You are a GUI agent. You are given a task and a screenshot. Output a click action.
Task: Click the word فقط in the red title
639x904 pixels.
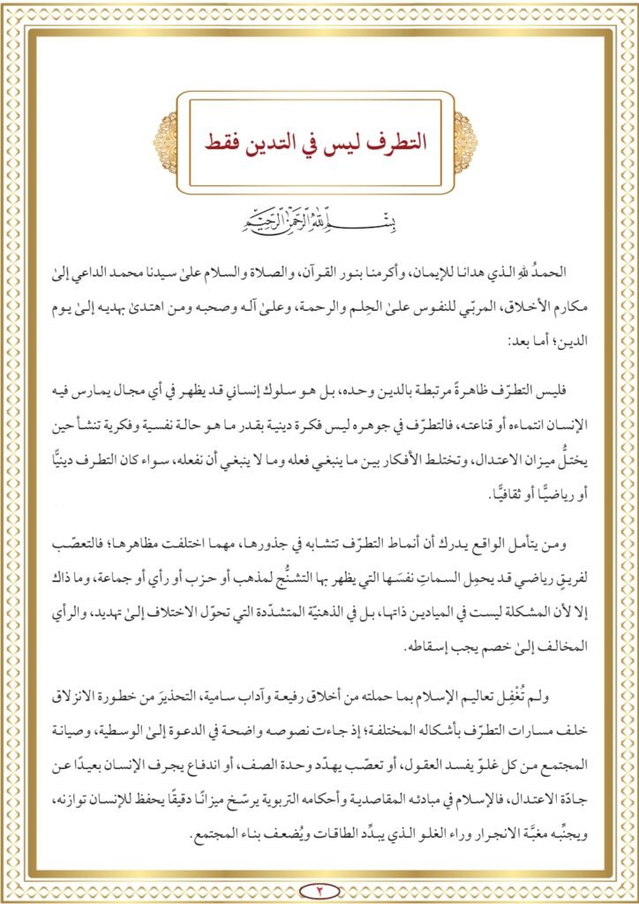pyautogui.click(x=225, y=142)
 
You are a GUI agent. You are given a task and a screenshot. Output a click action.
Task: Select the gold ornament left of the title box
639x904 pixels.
pyautogui.click(x=166, y=142)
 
